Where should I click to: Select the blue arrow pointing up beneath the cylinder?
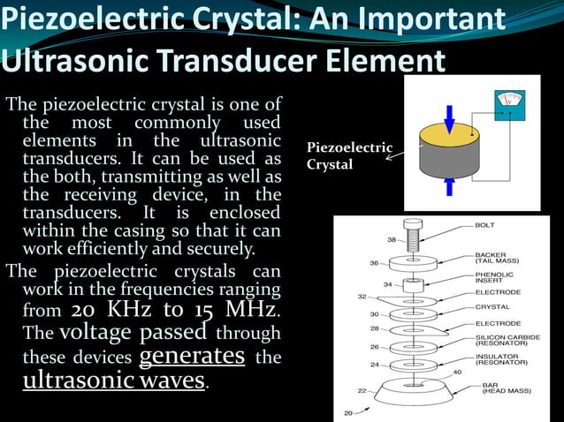tap(449, 186)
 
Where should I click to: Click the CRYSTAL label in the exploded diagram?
tap(492, 306)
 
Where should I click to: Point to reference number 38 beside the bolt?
tap(391, 239)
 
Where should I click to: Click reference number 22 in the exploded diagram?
tap(362, 390)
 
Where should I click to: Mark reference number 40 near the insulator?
tap(456, 372)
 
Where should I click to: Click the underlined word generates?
tap(193, 356)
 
